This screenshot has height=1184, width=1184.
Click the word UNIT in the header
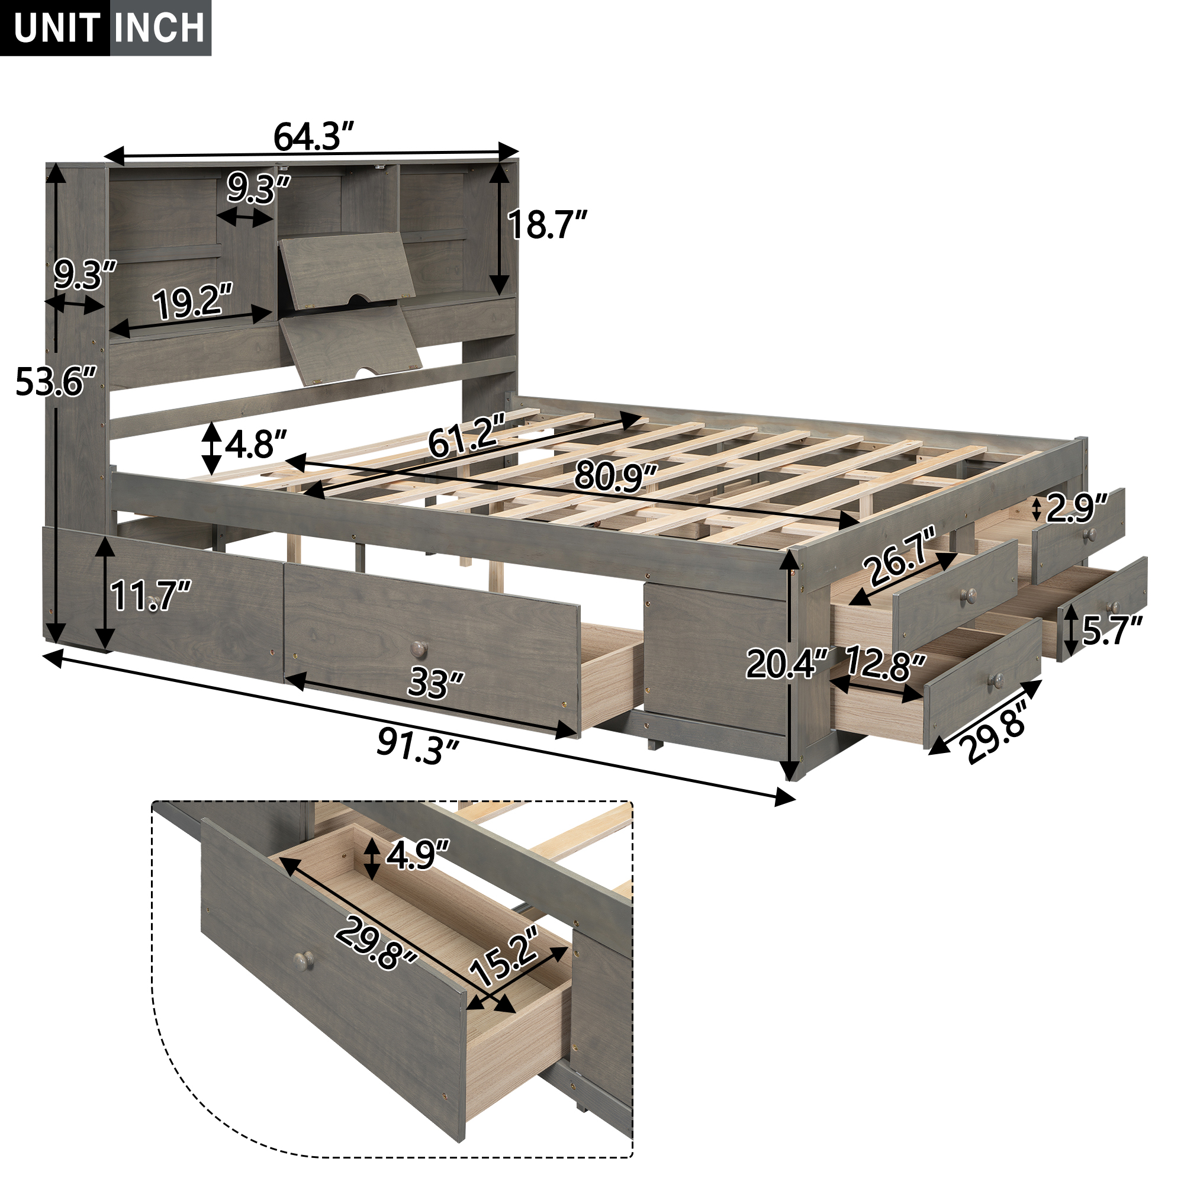point(57,28)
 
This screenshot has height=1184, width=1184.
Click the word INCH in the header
point(159,28)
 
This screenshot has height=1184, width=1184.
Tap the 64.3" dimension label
point(313,137)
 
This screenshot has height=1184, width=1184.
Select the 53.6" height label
point(56,381)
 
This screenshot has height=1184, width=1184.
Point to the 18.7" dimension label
point(547,225)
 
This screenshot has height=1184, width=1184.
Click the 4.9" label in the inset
point(417,854)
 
